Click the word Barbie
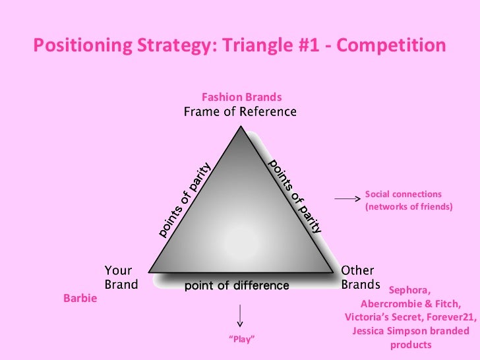click(x=80, y=299)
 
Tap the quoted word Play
click(x=241, y=339)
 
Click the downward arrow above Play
click(x=241, y=315)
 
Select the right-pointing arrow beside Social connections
click(x=345, y=198)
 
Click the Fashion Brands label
click(x=241, y=98)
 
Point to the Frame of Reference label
click(x=240, y=111)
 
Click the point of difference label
click(x=237, y=285)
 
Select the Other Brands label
click(x=360, y=278)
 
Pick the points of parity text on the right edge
click(x=296, y=196)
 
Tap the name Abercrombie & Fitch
click(x=411, y=304)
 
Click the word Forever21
click(x=452, y=317)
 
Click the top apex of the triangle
click(x=241, y=127)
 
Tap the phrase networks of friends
click(x=409, y=207)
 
